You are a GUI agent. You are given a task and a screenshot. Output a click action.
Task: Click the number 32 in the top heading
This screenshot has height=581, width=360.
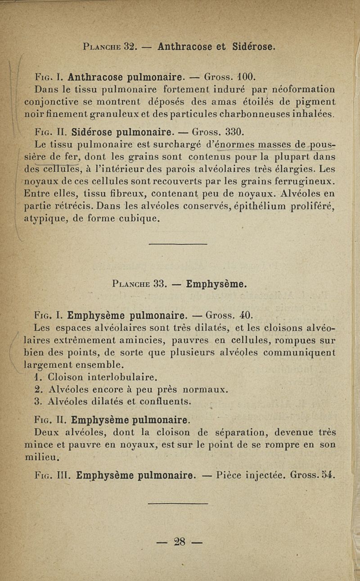click(130, 46)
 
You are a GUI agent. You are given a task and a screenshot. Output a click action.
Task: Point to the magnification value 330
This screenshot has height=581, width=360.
click(234, 132)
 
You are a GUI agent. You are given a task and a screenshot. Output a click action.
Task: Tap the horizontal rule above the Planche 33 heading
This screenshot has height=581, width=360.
click(177, 244)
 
